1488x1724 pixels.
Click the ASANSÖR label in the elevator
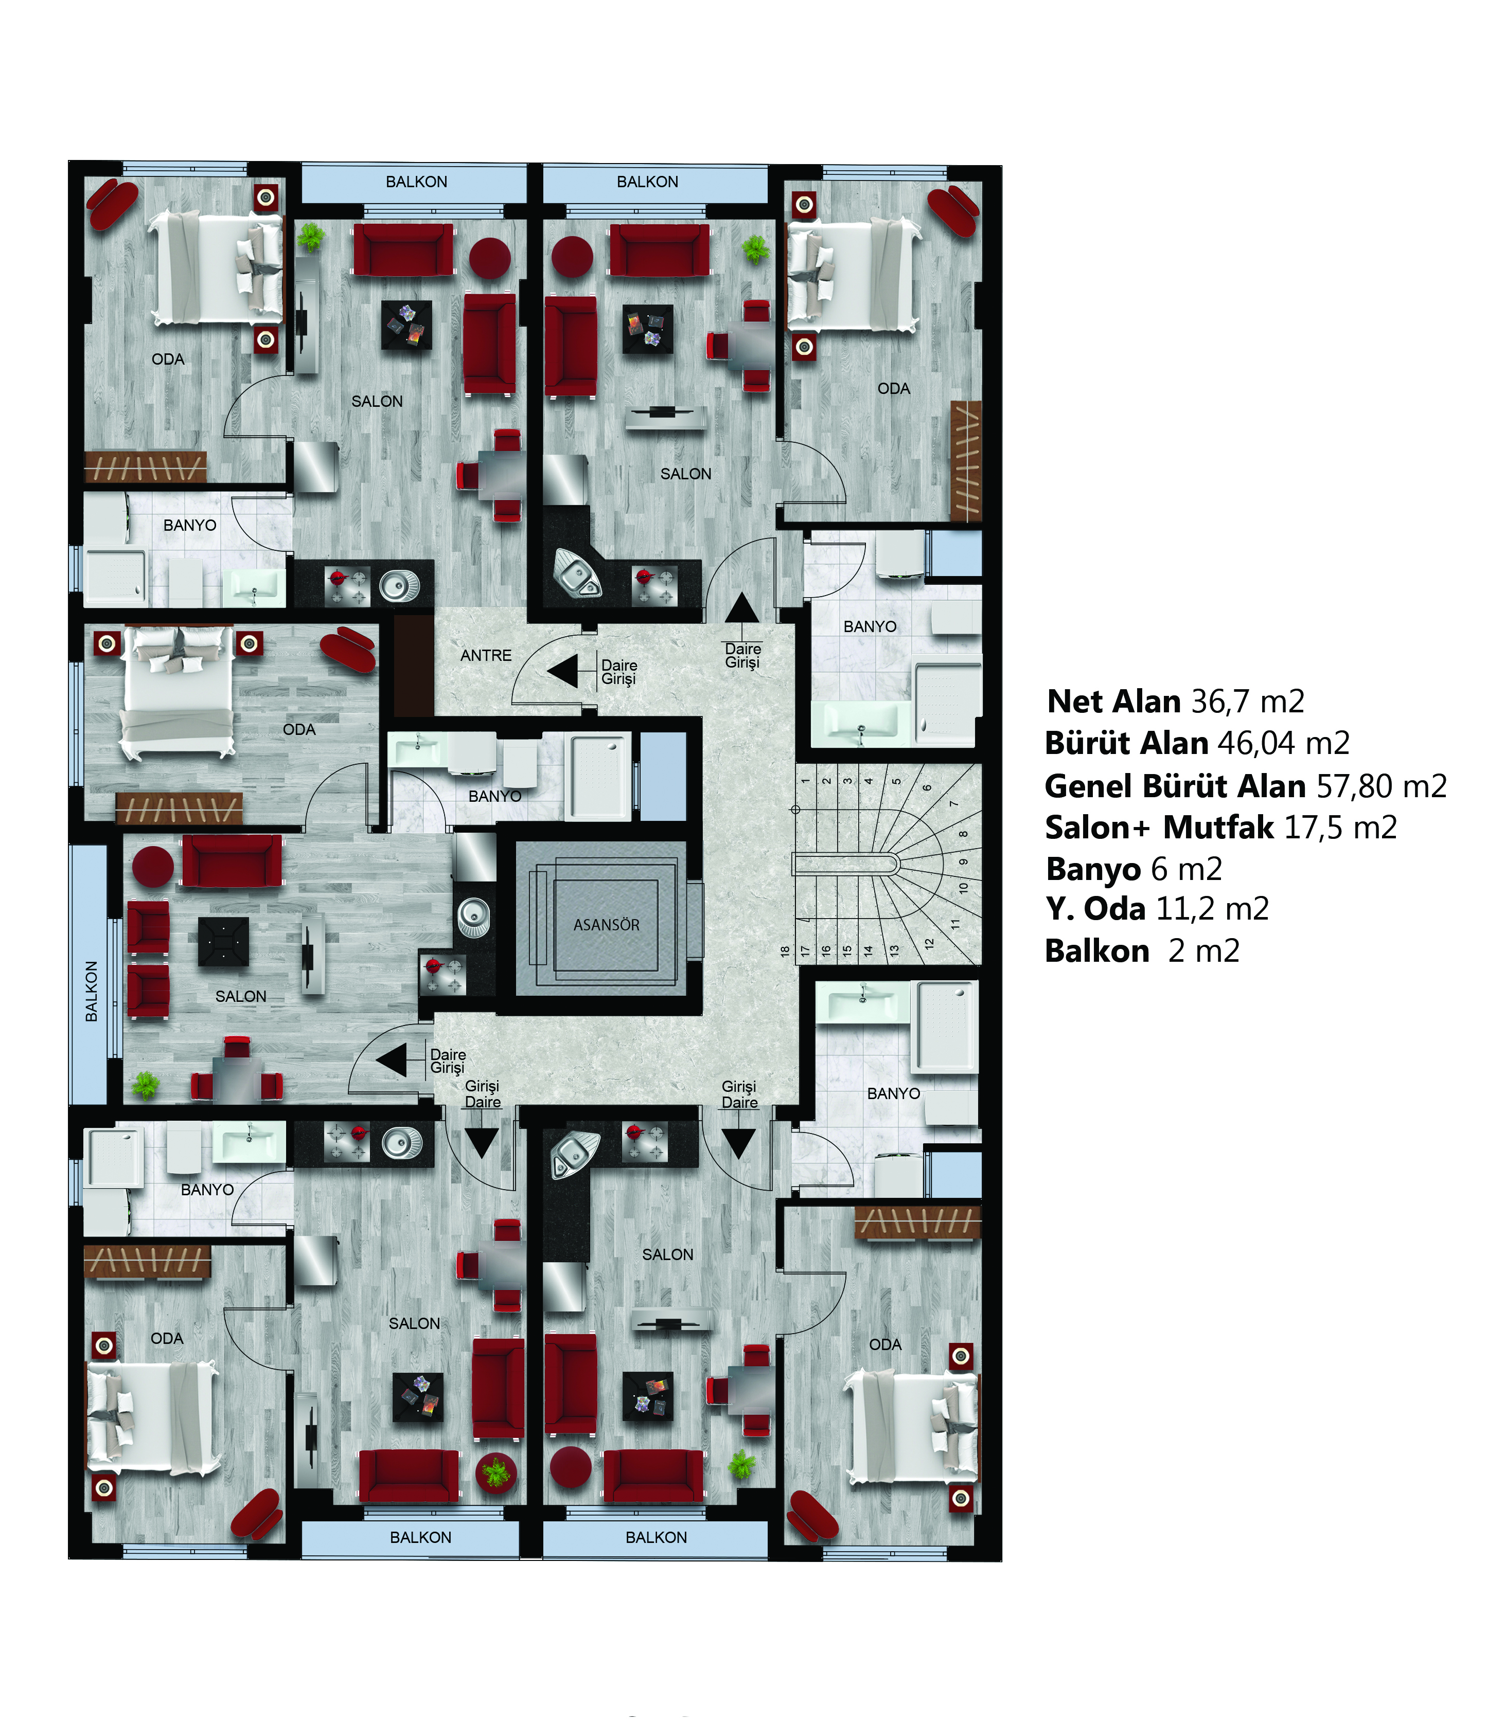coord(606,924)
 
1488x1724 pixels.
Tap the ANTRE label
coord(486,656)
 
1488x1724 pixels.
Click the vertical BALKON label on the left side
coord(92,991)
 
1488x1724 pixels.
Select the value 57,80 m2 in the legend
coord(1381,785)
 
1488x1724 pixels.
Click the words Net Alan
coord(1113,702)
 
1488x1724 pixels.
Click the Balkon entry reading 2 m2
coord(1203,950)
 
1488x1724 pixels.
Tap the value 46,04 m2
coord(1283,743)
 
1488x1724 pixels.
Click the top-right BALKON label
coord(647,182)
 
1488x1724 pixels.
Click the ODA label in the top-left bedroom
coord(168,360)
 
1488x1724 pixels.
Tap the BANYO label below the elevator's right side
coord(894,1093)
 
